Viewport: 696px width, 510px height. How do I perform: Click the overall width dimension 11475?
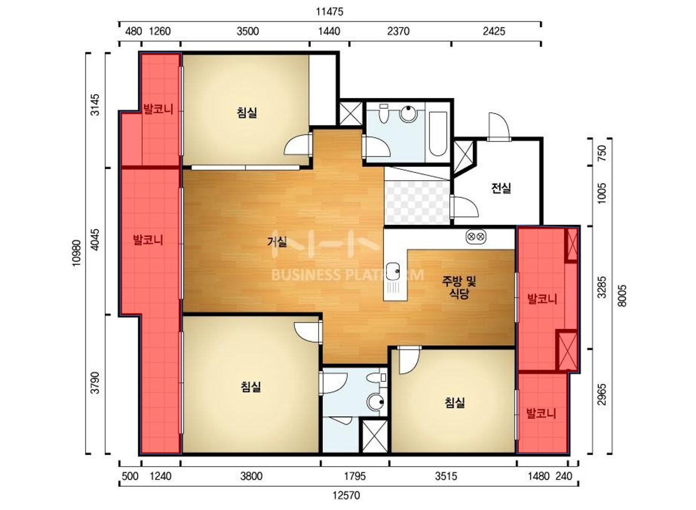330,12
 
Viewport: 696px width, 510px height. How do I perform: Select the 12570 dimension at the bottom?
346,495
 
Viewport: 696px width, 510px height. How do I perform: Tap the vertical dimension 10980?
76,253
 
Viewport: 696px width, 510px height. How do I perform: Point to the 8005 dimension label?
622,296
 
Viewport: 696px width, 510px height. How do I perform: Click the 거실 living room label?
277,241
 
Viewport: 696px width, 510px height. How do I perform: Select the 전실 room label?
501,188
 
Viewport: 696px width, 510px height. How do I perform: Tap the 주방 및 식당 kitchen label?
459,287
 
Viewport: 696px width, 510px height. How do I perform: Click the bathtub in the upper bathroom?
438,134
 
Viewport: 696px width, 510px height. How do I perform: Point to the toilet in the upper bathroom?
384,113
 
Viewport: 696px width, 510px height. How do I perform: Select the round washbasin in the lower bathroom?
376,402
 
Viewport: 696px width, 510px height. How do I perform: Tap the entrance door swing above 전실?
499,126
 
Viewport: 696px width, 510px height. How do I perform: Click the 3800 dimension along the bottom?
251,476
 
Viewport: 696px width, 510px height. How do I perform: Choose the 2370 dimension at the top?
398,31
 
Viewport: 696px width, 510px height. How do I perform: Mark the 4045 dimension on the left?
96,239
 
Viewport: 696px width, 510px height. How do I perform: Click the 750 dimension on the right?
602,153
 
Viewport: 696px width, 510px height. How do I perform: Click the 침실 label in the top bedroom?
247,112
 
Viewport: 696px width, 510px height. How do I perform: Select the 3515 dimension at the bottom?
446,476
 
